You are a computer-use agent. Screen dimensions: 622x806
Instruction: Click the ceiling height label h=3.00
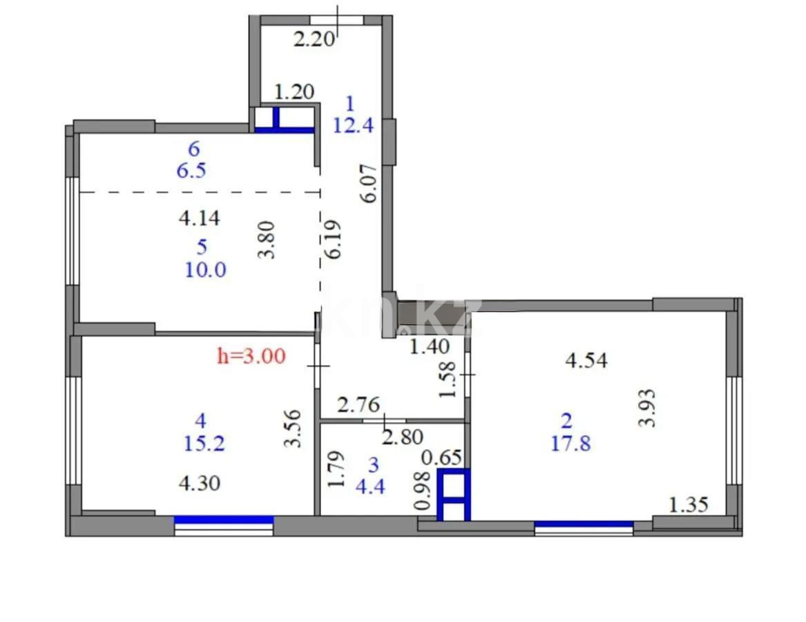click(251, 357)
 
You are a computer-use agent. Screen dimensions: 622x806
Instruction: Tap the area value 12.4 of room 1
click(353, 126)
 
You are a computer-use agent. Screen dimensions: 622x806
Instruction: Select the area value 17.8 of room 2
click(570, 443)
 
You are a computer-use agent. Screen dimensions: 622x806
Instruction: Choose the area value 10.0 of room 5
click(205, 270)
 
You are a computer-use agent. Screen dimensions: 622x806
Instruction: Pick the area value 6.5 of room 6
click(191, 171)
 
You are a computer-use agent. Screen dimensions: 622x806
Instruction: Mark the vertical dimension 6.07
click(370, 182)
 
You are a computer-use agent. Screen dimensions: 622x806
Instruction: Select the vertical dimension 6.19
click(335, 240)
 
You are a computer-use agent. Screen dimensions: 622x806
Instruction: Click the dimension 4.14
click(199, 219)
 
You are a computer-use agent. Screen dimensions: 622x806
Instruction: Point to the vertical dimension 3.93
click(646, 408)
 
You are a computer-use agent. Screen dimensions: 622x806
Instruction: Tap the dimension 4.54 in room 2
click(586, 360)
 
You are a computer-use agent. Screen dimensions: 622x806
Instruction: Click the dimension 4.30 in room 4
click(200, 482)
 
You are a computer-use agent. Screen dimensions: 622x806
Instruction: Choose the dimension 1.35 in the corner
click(688, 505)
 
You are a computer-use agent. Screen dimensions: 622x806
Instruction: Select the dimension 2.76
click(358, 404)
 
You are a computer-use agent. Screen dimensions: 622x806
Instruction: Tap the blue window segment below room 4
click(224, 520)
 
